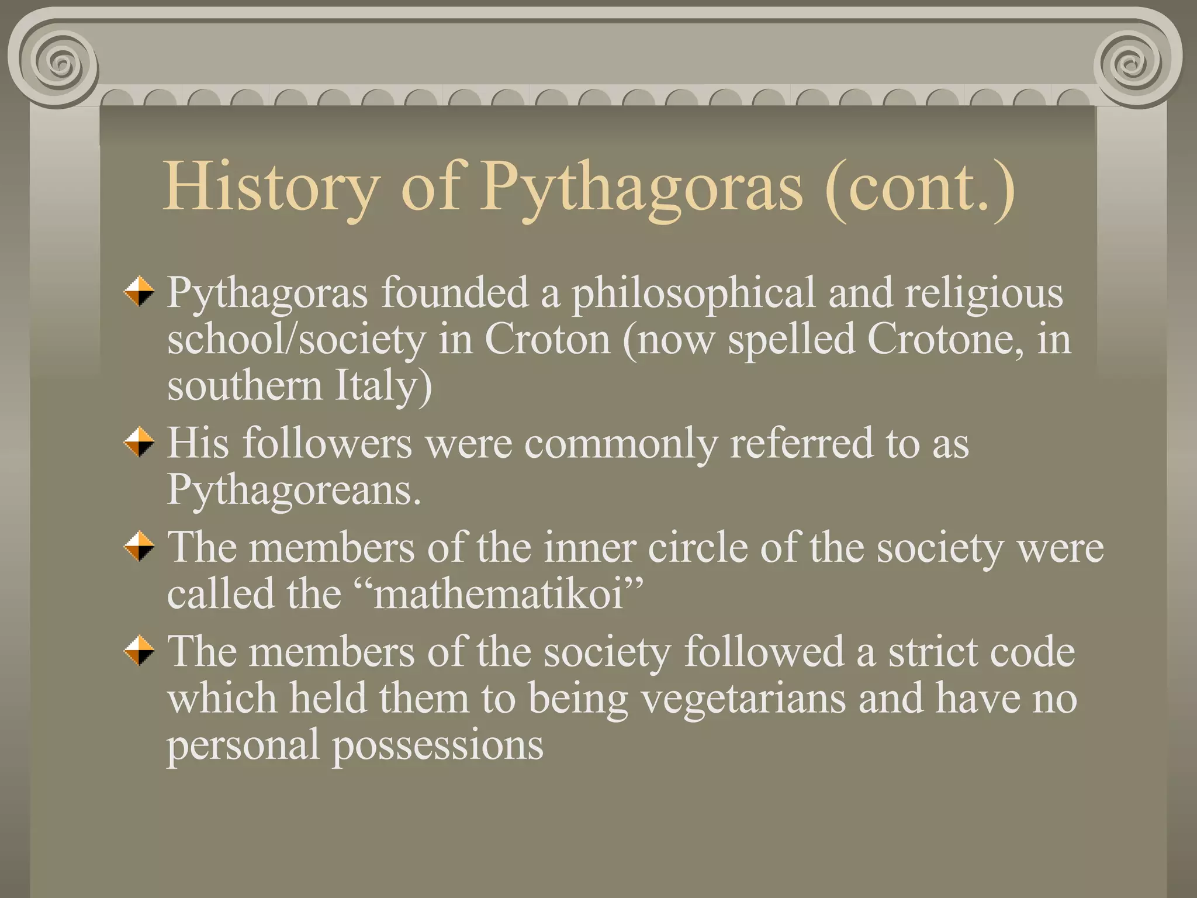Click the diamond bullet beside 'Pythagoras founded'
tap(139, 291)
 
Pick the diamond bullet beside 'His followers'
tap(139, 443)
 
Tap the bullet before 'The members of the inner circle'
tap(139, 547)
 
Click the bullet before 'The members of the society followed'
tap(139, 651)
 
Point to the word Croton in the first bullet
tap(548, 339)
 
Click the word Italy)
tap(383, 386)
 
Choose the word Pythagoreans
tap(294, 490)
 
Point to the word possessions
tap(438, 746)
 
